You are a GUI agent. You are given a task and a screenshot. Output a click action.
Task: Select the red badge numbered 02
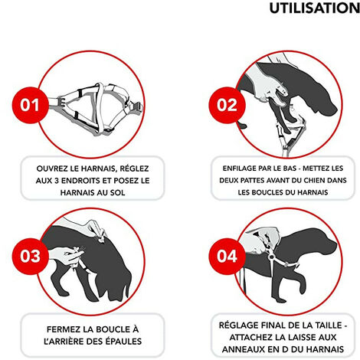[227, 105]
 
